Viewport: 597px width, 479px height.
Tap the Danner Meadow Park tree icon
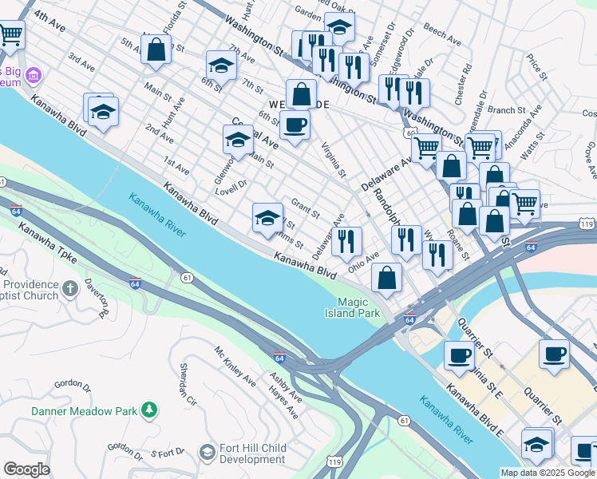(x=148, y=410)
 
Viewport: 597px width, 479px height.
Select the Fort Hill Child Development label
(x=252, y=453)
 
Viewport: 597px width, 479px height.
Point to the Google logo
(x=26, y=469)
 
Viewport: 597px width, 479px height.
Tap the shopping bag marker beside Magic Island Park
(x=387, y=278)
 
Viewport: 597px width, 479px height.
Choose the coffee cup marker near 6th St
(x=295, y=125)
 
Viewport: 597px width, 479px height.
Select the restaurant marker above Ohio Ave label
(x=346, y=241)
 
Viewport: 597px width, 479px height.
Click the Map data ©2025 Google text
(x=548, y=473)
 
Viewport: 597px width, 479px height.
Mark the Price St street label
(x=536, y=67)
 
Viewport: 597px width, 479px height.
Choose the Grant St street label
(x=306, y=209)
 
